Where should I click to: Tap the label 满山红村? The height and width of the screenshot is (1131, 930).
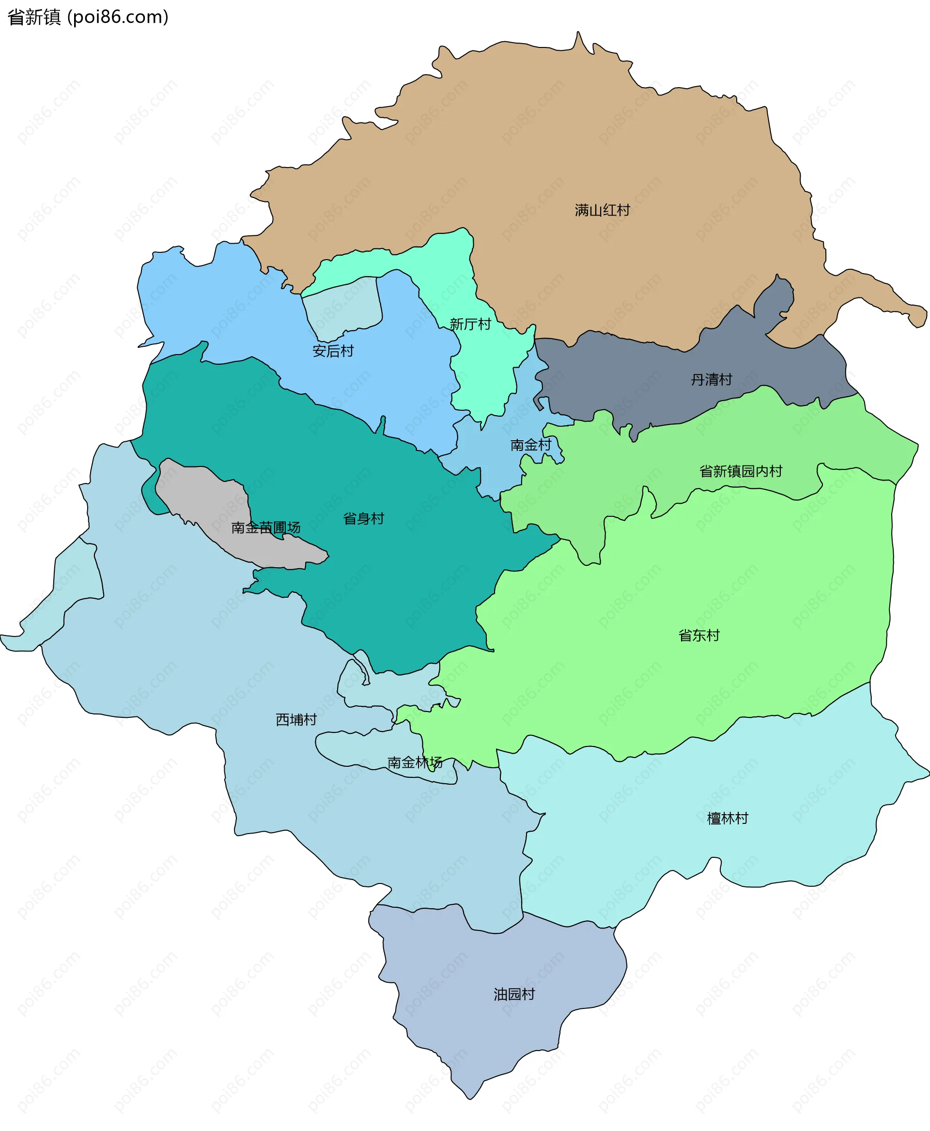click(x=602, y=210)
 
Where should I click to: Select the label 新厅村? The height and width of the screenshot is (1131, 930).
click(x=470, y=324)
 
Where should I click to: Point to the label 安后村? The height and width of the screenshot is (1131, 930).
click(x=333, y=351)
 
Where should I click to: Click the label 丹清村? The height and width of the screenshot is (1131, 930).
click(x=711, y=379)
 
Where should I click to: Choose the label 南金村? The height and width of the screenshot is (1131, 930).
click(x=530, y=445)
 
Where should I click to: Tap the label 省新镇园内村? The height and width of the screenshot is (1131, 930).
click(x=741, y=471)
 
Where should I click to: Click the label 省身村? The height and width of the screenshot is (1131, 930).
click(x=363, y=518)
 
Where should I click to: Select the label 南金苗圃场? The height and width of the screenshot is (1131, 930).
click(x=266, y=528)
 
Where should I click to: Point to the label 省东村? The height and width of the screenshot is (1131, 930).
click(x=698, y=635)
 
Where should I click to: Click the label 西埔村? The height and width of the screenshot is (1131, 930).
click(x=296, y=720)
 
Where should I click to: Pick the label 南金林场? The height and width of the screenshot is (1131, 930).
click(x=415, y=762)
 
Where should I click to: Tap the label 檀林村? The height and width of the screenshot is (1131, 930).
click(x=727, y=818)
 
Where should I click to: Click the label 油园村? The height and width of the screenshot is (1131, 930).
click(x=514, y=994)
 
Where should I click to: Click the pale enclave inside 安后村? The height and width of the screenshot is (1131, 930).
click(x=343, y=308)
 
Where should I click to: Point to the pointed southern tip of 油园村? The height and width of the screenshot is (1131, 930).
click(x=469, y=1096)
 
